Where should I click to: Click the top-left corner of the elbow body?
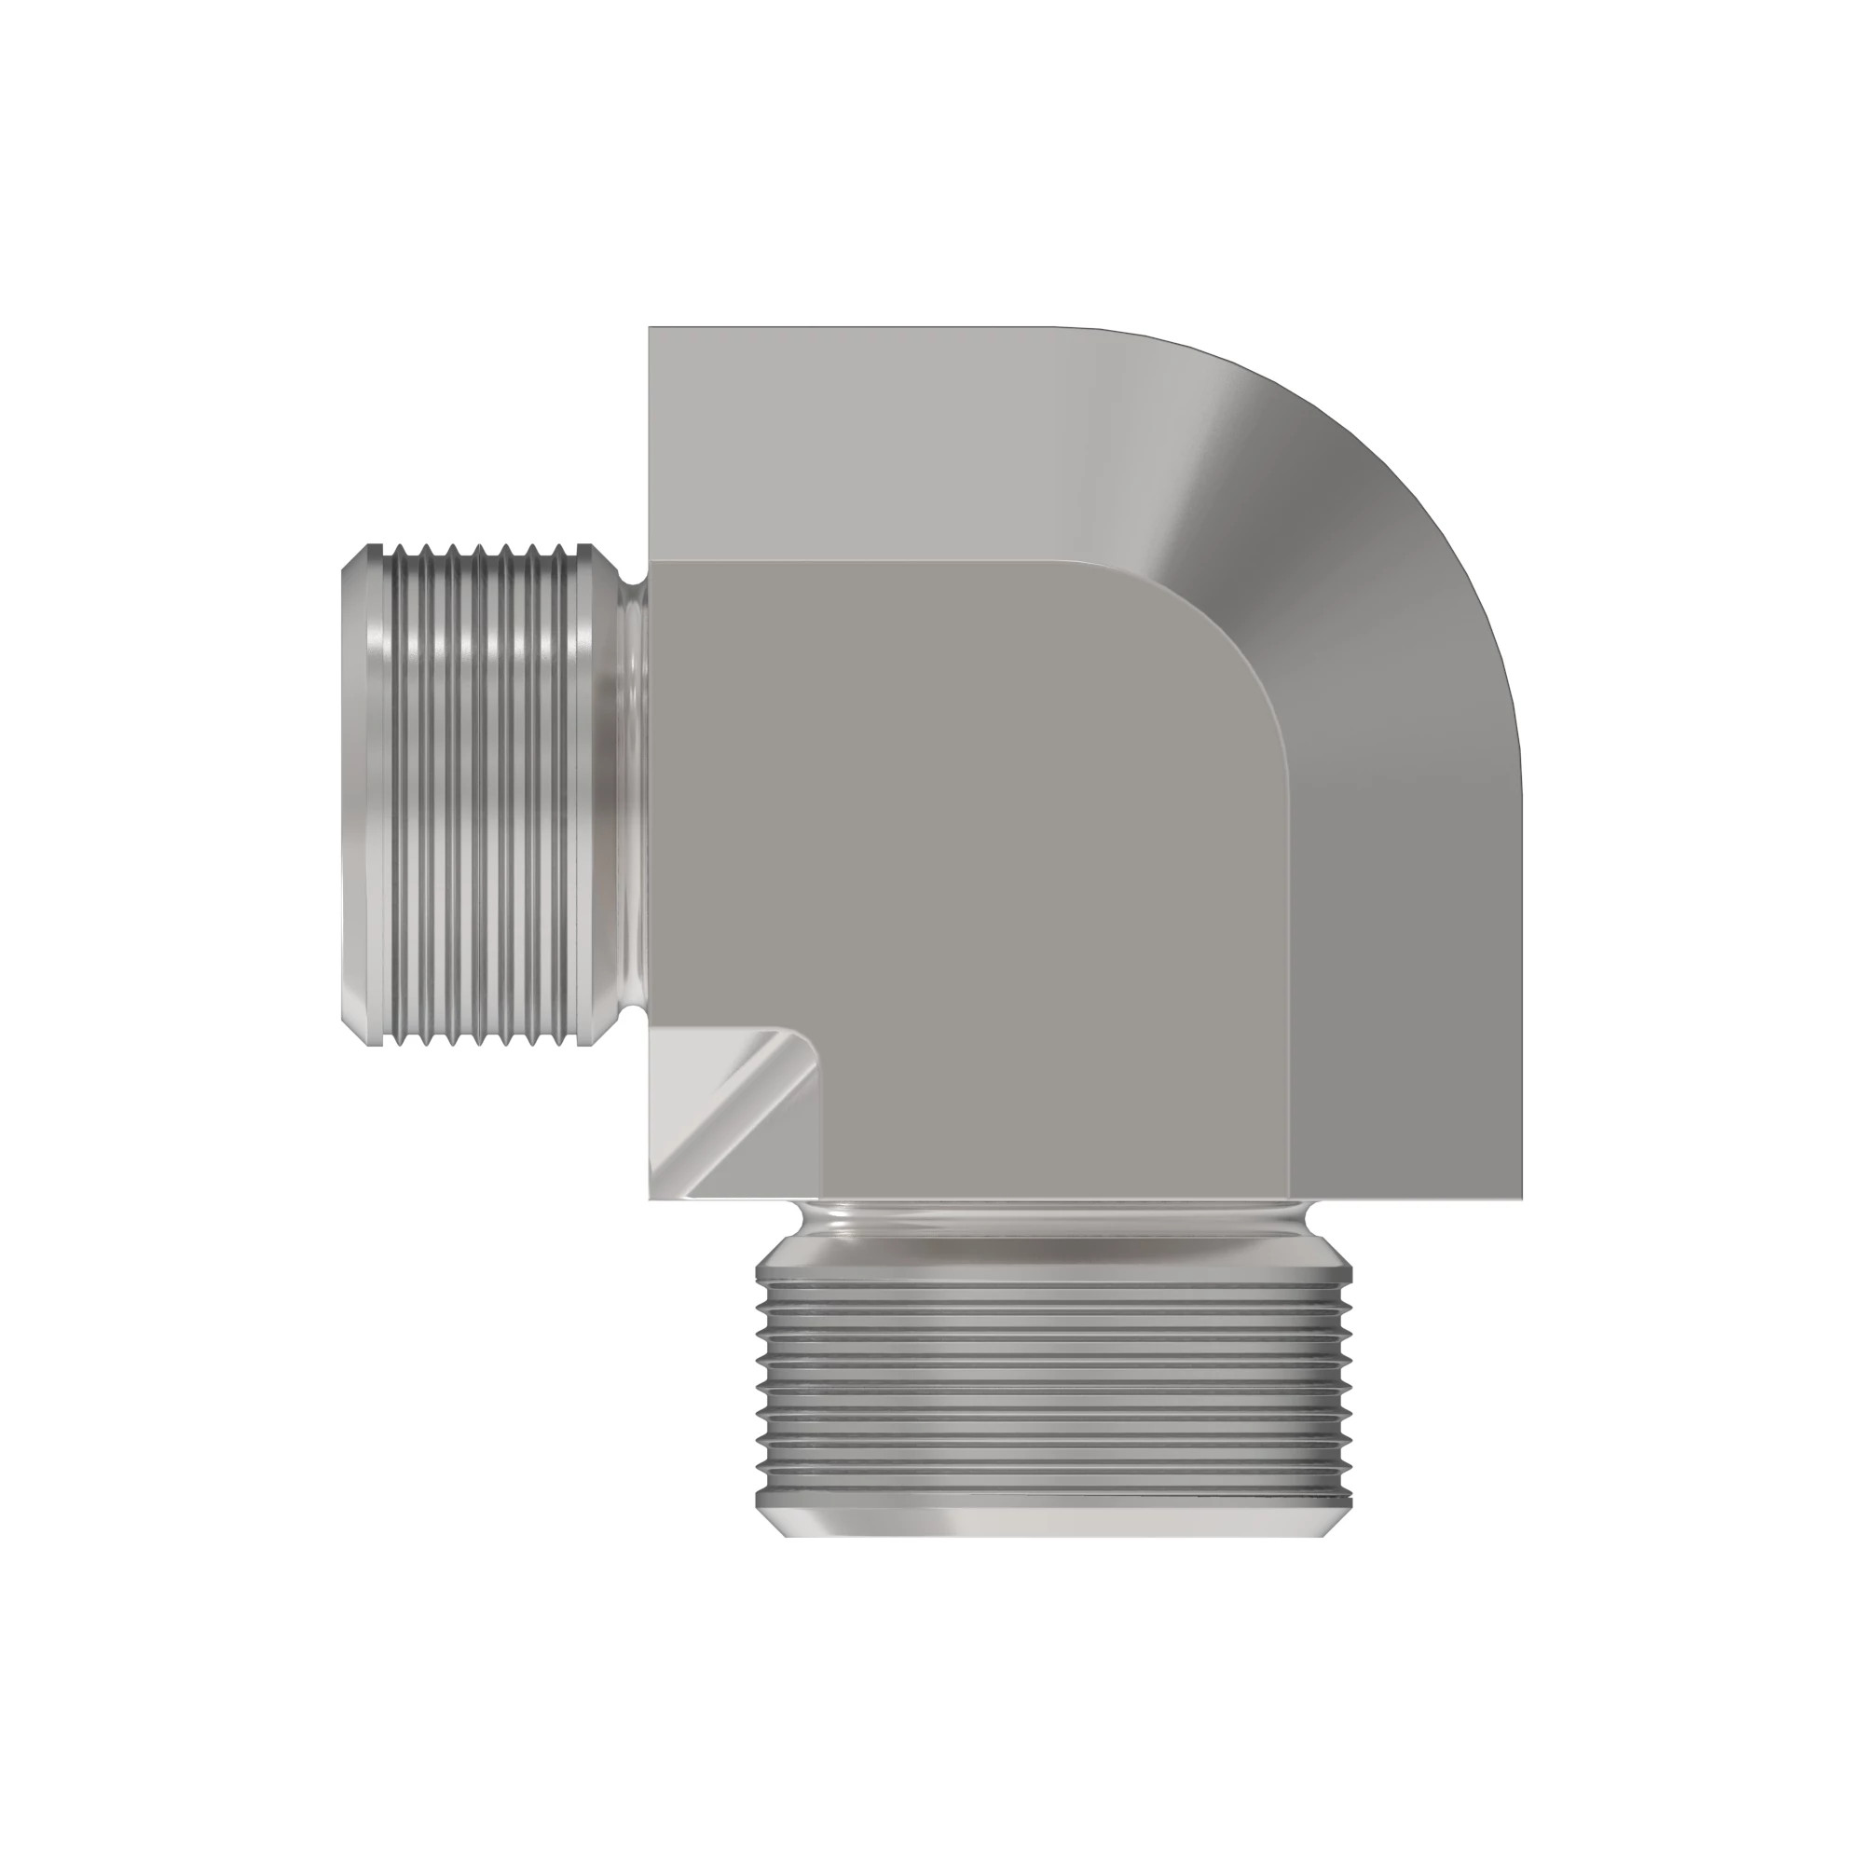[x=651, y=330]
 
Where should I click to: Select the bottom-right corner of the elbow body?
[x=1520, y=1199]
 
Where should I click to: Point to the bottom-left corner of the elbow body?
[x=652, y=1199]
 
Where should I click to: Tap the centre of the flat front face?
[x=965, y=869]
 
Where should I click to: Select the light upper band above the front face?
[x=869, y=444]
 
